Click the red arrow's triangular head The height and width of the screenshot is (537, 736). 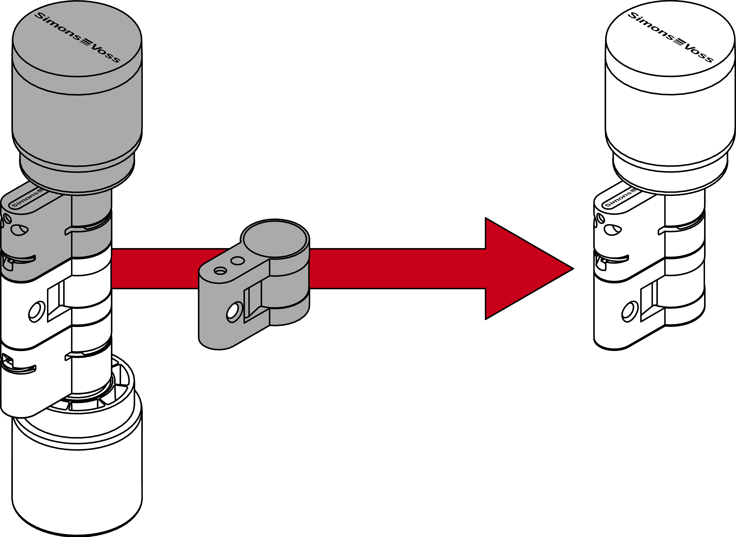[x=523, y=268]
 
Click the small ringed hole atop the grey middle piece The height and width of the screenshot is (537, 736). [x=220, y=270]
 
